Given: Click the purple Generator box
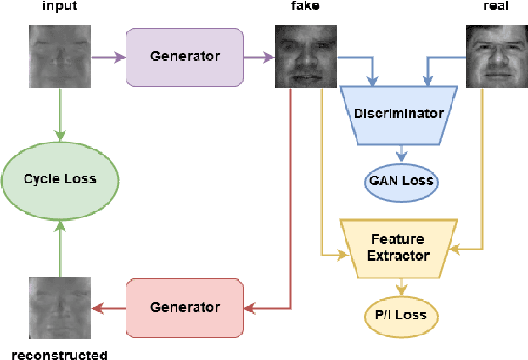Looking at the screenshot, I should coord(184,58).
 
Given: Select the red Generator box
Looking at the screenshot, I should coord(184,307).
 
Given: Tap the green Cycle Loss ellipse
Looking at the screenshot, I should coord(59,179).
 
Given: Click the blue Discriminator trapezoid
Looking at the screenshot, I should coord(399,114).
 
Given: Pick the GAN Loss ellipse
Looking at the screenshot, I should coord(401,180).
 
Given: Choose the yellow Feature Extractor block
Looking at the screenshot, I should coord(399,247).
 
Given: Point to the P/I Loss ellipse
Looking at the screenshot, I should coord(401,316).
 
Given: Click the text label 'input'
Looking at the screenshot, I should coord(59,8).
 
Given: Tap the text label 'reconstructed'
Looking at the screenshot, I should coord(59,355).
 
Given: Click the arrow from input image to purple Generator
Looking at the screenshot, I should coord(108,58).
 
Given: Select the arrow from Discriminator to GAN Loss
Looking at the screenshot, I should coord(401,154).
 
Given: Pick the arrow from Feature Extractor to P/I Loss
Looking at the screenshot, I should coord(401,287).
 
